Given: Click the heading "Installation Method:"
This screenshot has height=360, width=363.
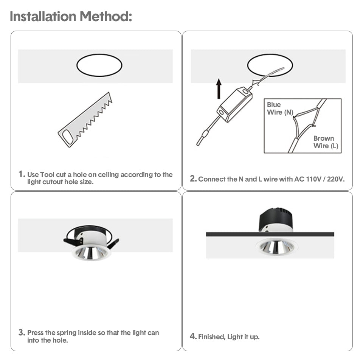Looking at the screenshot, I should pyautogui.click(x=71, y=17).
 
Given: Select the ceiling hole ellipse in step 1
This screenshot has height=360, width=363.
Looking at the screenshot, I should pyautogui.click(x=99, y=65).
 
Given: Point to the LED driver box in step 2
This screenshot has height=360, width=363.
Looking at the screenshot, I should pyautogui.click(x=234, y=104).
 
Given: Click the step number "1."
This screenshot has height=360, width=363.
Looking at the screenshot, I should pyautogui.click(x=22, y=175).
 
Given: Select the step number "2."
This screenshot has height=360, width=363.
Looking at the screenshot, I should pyautogui.click(x=193, y=179).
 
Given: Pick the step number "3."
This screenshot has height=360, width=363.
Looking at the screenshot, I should pyautogui.click(x=22, y=333).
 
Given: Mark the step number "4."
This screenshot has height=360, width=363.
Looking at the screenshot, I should pyautogui.click(x=193, y=336).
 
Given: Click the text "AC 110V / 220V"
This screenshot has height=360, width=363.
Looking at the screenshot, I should pyautogui.click(x=320, y=179).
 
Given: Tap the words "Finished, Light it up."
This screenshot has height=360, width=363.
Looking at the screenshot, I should pyautogui.click(x=229, y=337).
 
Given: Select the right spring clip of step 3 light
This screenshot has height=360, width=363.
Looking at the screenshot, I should pyautogui.click(x=113, y=244).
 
